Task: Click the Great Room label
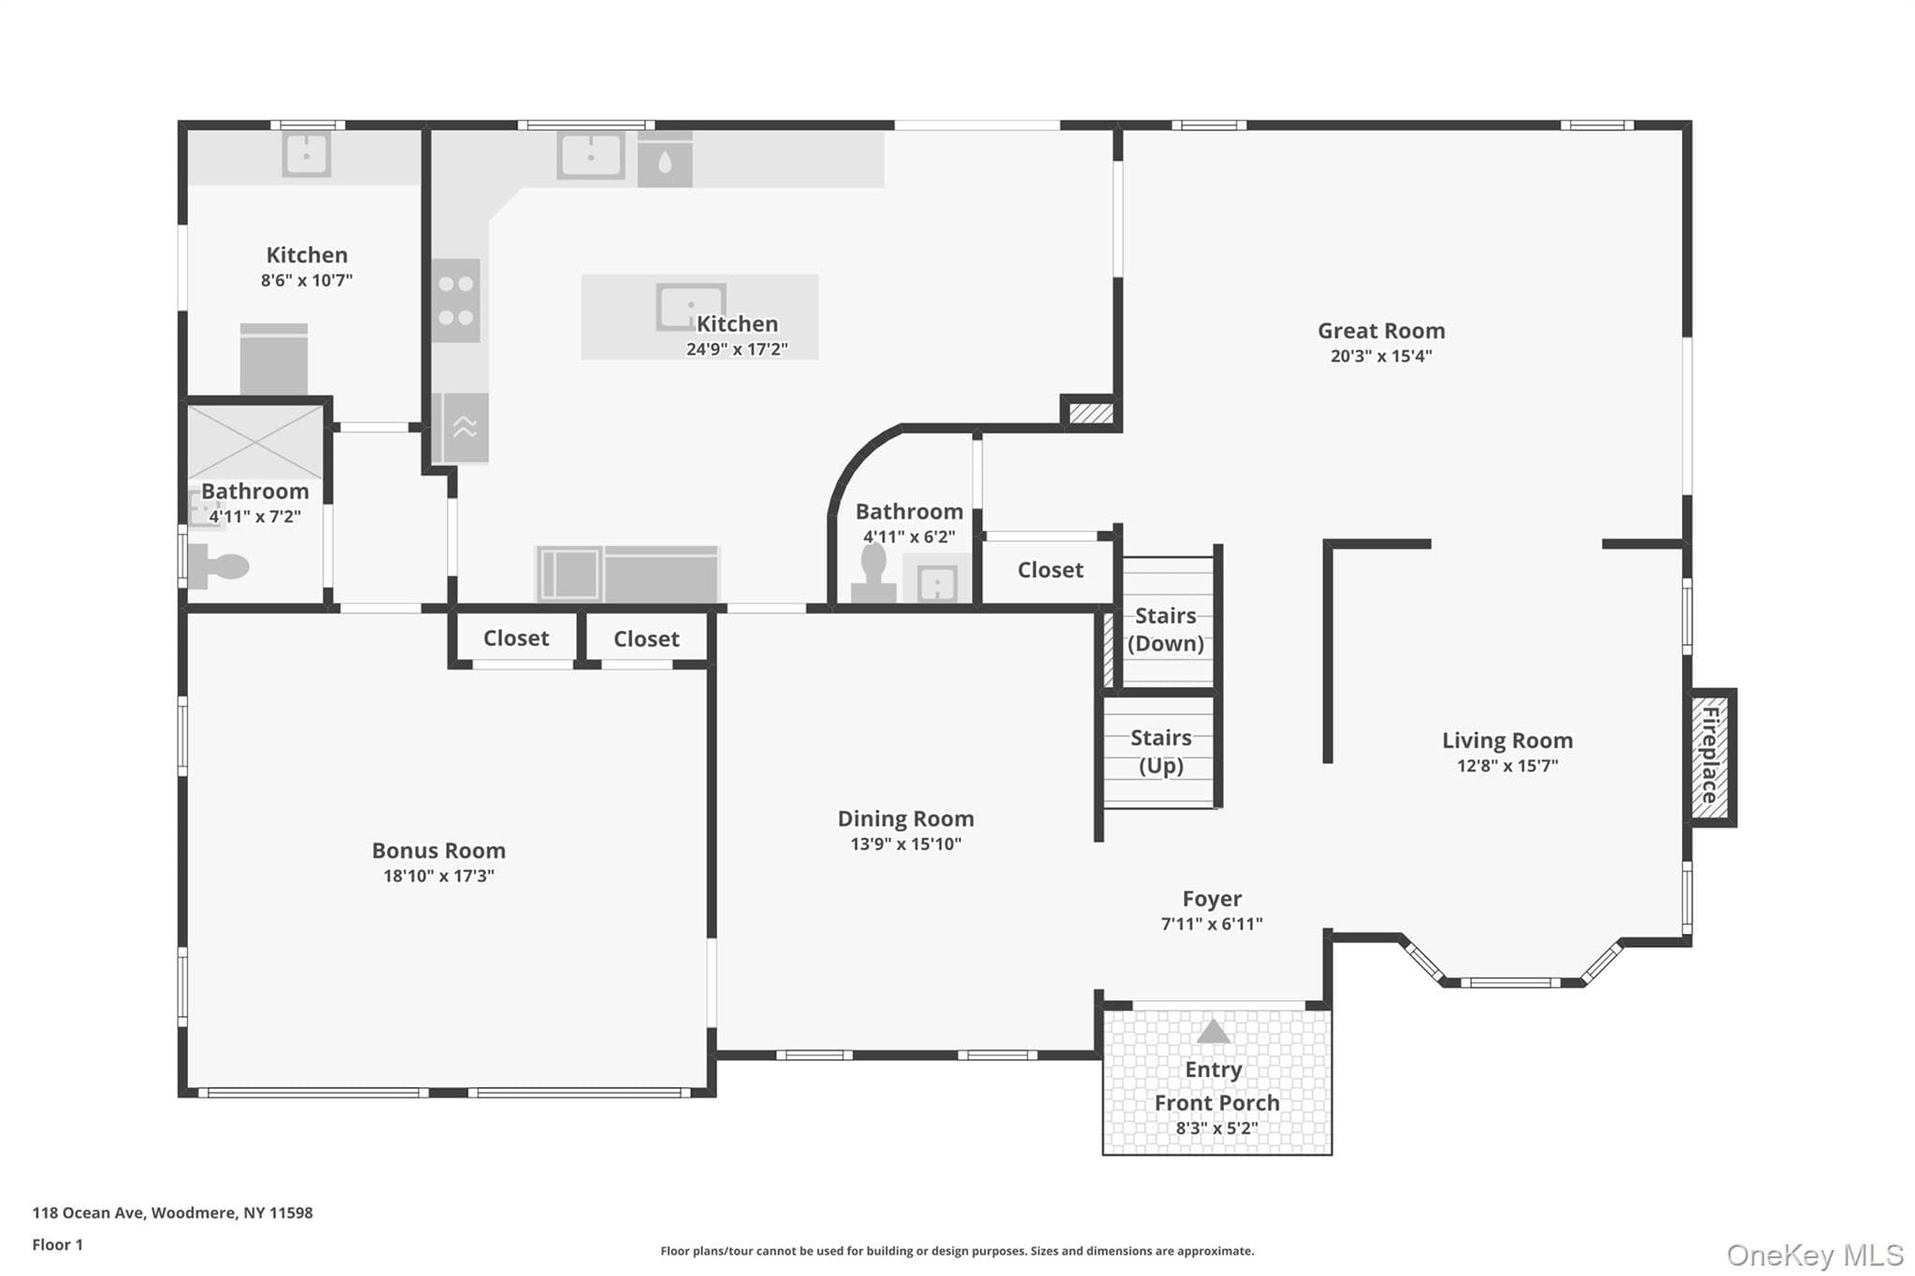click(x=1381, y=331)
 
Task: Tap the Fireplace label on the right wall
click(x=1710, y=755)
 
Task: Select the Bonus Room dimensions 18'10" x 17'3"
click(x=439, y=876)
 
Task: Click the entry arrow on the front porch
click(x=1213, y=1031)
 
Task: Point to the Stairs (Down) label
click(x=1165, y=629)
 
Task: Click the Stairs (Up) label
click(x=1161, y=752)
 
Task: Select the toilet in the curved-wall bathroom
click(x=873, y=573)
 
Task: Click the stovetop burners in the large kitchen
click(x=456, y=300)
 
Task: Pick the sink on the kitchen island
click(x=690, y=307)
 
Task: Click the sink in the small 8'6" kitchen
click(x=307, y=154)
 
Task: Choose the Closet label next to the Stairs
click(x=1050, y=570)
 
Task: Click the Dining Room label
click(x=905, y=819)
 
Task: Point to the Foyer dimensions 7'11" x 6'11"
click(x=1212, y=924)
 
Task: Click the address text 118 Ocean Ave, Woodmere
click(x=173, y=1212)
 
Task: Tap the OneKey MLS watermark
click(x=1815, y=1254)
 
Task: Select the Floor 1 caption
click(x=57, y=1244)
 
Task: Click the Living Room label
click(x=1507, y=740)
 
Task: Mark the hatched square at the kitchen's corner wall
click(x=1090, y=412)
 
